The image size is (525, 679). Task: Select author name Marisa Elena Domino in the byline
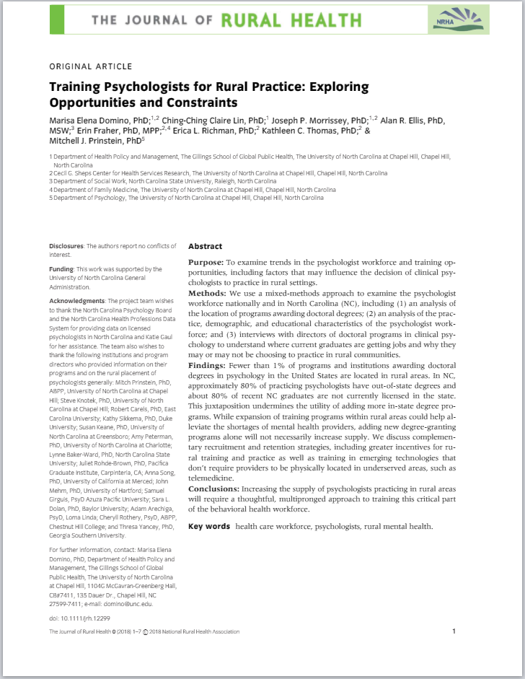click(91, 120)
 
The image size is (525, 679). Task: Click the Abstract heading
click(206, 246)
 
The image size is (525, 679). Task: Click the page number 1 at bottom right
click(454, 631)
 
